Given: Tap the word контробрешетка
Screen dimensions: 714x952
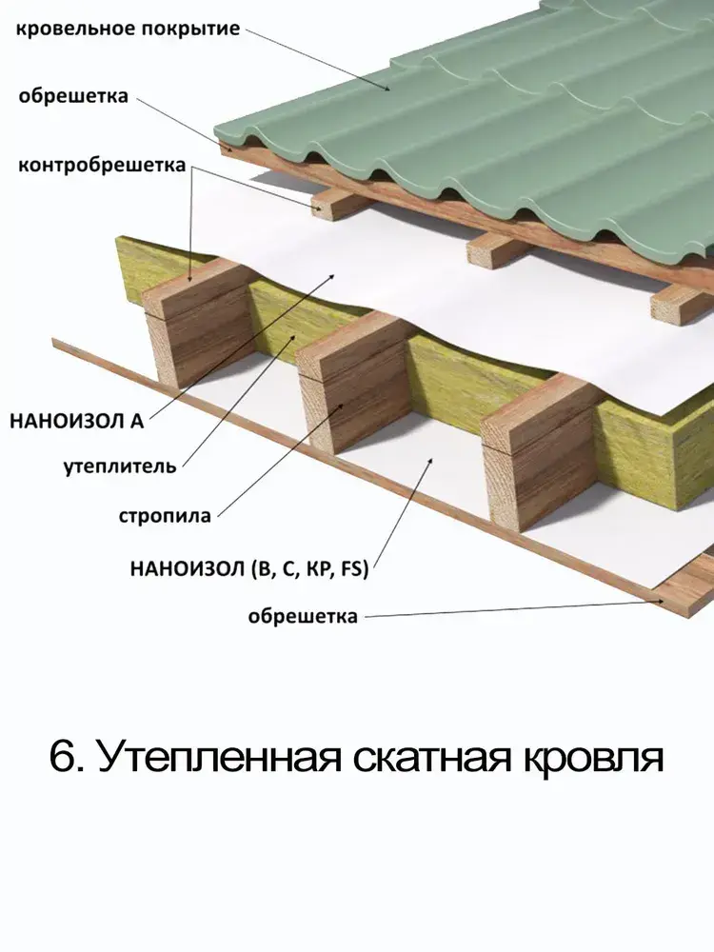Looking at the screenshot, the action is point(102,166).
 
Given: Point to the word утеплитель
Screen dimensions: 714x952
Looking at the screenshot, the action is point(120,466).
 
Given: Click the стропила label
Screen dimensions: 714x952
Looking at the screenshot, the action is point(165,517).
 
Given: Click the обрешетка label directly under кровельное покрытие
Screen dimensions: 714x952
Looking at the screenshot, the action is point(72,96).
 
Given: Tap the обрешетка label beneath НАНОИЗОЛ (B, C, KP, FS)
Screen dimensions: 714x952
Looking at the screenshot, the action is point(303,617).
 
